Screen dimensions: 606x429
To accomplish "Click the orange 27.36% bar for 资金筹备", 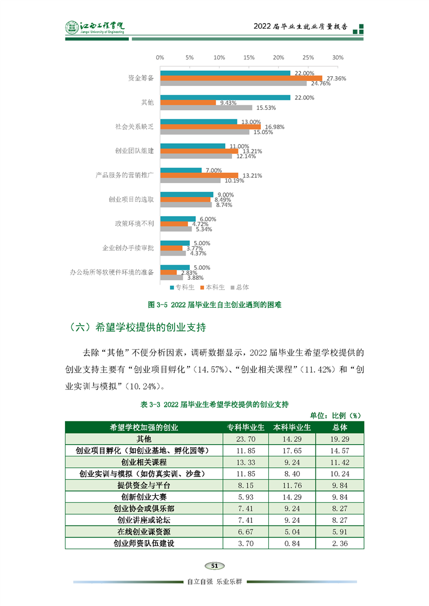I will click(241, 78).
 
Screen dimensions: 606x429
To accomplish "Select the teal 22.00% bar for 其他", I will click(225, 98).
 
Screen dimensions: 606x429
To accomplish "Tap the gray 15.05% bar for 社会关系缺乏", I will click(204, 132).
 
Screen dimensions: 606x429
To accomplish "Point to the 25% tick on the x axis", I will click(308, 57).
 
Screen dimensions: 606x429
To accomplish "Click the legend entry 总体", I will click(239, 287).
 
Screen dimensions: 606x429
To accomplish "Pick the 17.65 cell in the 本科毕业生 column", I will click(292, 450).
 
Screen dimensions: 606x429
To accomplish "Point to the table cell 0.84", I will click(292, 543).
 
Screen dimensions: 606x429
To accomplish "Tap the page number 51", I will click(214, 565).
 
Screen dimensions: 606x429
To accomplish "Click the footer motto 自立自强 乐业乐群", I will click(214, 582).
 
